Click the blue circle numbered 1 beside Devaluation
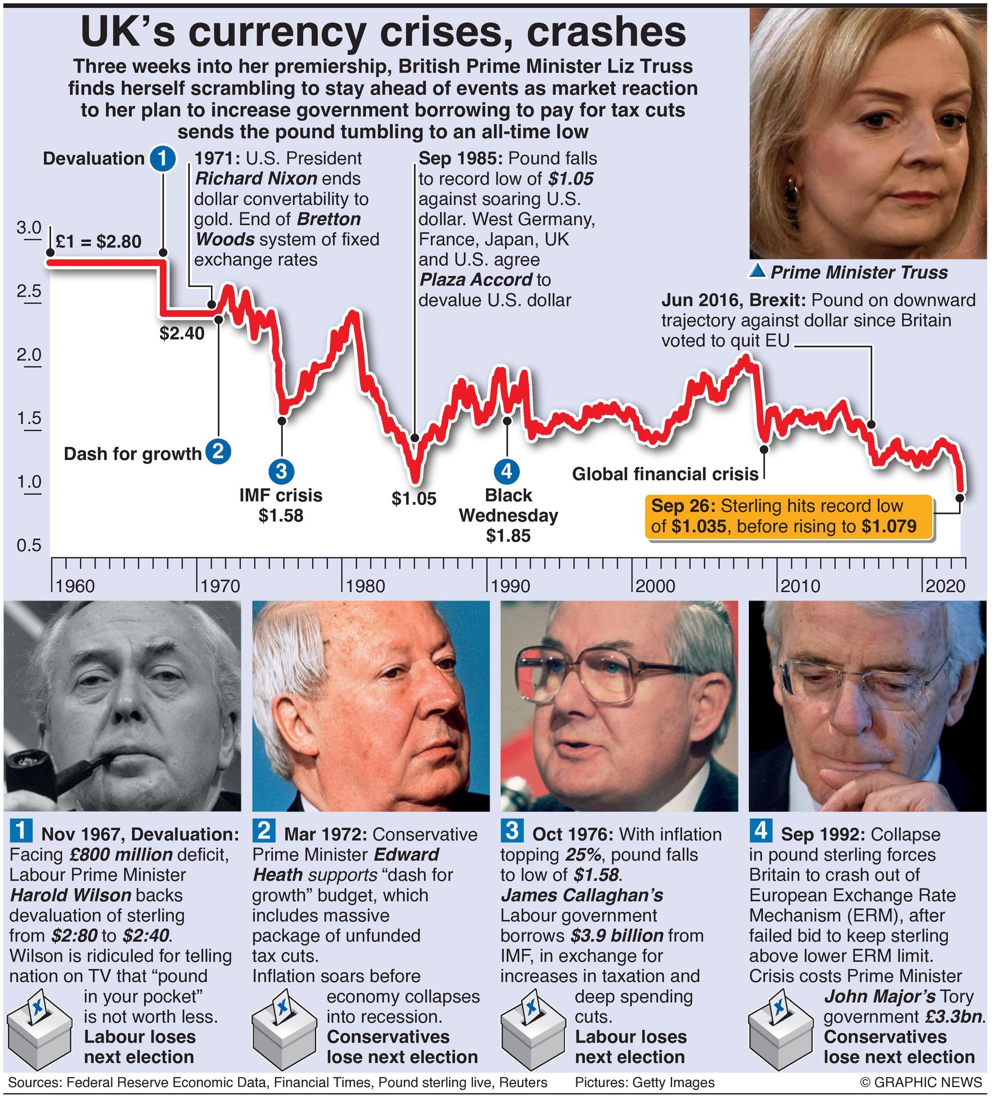click(x=162, y=158)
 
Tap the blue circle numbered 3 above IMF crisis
click(x=281, y=470)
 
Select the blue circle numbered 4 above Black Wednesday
click(x=507, y=470)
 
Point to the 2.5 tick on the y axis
click(x=29, y=291)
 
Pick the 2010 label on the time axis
click(x=800, y=586)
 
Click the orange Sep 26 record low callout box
click(x=788, y=517)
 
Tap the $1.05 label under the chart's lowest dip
click(x=414, y=499)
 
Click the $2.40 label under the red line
click(x=182, y=333)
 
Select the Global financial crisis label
click(x=665, y=474)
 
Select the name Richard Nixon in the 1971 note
click(x=256, y=178)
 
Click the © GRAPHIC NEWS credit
click(x=922, y=1082)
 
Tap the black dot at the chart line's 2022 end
click(x=960, y=497)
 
